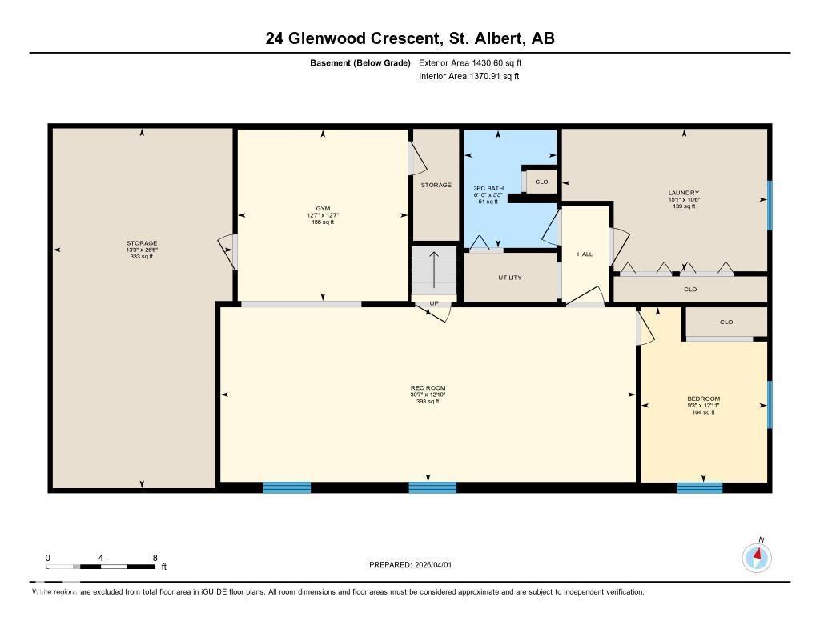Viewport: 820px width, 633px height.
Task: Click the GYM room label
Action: [x=323, y=208]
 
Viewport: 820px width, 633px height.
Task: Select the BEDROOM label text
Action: [x=703, y=399]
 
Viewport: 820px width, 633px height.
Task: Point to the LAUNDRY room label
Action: [x=683, y=193]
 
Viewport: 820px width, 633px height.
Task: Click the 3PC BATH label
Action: [x=488, y=188]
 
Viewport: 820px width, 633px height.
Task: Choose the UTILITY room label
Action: [x=510, y=278]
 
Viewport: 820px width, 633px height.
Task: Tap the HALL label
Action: [x=585, y=254]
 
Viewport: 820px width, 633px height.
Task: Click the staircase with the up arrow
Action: [x=433, y=270]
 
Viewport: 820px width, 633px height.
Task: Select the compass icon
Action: [x=757, y=557]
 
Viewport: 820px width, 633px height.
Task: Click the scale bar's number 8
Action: [x=155, y=558]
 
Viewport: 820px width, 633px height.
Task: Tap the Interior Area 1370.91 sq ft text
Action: [x=469, y=77]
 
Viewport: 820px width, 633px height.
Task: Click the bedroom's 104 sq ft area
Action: [x=703, y=412]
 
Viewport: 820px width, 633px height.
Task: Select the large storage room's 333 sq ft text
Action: [x=141, y=257]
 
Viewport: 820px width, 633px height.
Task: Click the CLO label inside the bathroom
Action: [x=541, y=182]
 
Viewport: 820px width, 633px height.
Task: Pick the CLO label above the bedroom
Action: [x=726, y=323]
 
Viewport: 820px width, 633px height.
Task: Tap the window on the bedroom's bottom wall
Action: [x=699, y=487]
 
